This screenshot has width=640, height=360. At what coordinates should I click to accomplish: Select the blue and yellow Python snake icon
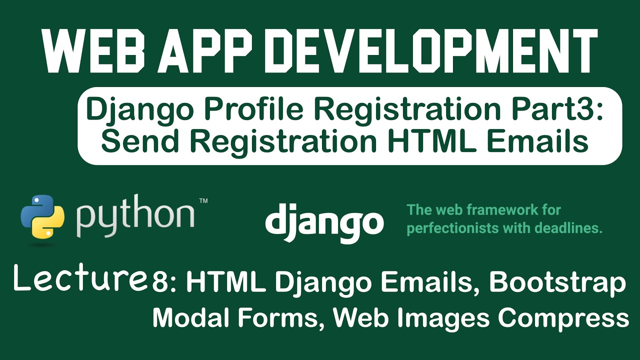click(42, 215)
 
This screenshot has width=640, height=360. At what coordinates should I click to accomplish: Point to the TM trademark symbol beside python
click(203, 201)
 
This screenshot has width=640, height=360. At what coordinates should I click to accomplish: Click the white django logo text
click(324, 222)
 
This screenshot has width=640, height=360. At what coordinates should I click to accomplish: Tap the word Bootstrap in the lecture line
click(557, 284)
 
